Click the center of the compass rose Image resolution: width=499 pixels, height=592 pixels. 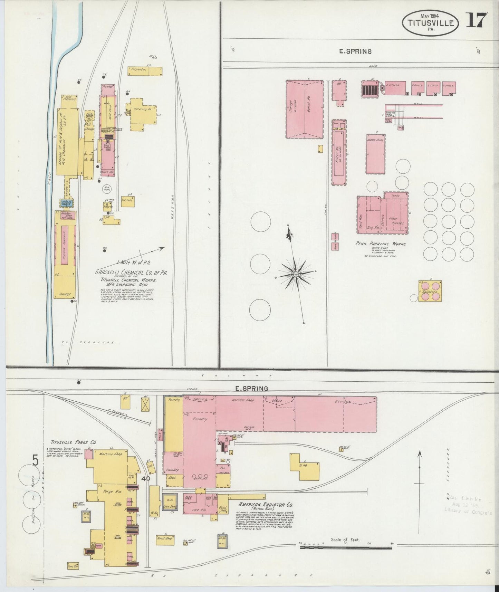(296, 274)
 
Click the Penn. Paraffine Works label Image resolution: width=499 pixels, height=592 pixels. (381, 244)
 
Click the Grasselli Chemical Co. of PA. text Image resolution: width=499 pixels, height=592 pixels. (131, 273)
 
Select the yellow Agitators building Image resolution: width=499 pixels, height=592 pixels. (430, 291)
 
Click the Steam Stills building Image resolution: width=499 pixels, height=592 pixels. (375, 154)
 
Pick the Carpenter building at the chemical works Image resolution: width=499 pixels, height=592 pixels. (145, 71)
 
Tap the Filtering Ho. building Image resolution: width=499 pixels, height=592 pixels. (143, 114)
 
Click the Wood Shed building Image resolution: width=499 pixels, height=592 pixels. (164, 538)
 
